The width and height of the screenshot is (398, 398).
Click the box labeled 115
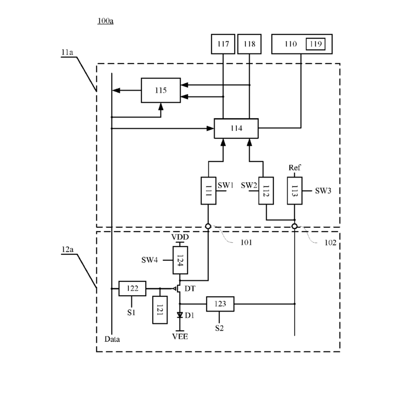[x=161, y=91]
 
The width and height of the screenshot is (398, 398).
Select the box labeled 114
[x=236, y=128]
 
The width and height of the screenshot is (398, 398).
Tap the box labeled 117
[x=223, y=44]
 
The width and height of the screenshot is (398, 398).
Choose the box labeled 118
[x=249, y=44]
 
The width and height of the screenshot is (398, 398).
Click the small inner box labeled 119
[x=315, y=44]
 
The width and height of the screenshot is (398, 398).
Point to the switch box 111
[x=208, y=191]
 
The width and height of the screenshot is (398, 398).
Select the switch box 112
[x=266, y=191]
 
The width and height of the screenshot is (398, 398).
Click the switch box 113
[x=295, y=191]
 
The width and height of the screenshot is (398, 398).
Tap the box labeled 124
[x=180, y=260]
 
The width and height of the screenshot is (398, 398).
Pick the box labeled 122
[x=132, y=289]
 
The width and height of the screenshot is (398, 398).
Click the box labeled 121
[x=160, y=310]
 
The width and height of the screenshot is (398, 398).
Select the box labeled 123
[x=220, y=304]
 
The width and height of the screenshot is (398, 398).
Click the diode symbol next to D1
[x=180, y=315]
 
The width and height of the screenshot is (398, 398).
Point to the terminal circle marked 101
[x=208, y=226]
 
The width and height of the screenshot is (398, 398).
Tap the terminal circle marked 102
[x=295, y=226]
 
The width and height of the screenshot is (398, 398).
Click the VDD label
[x=180, y=237]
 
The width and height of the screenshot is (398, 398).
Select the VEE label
[x=180, y=337]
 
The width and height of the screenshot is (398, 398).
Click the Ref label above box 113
[x=295, y=167]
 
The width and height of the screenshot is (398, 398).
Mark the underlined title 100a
[x=105, y=21]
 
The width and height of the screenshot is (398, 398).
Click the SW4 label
[x=149, y=260]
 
